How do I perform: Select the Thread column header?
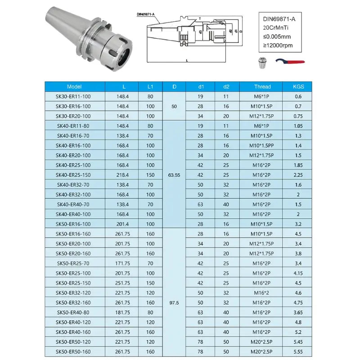click(262, 86)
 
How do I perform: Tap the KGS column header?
click(298, 86)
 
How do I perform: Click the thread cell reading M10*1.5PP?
click(262, 145)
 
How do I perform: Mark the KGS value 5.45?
click(298, 342)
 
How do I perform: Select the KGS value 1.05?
click(298, 126)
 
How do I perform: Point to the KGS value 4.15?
click(298, 273)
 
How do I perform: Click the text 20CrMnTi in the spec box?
click(275, 27)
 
